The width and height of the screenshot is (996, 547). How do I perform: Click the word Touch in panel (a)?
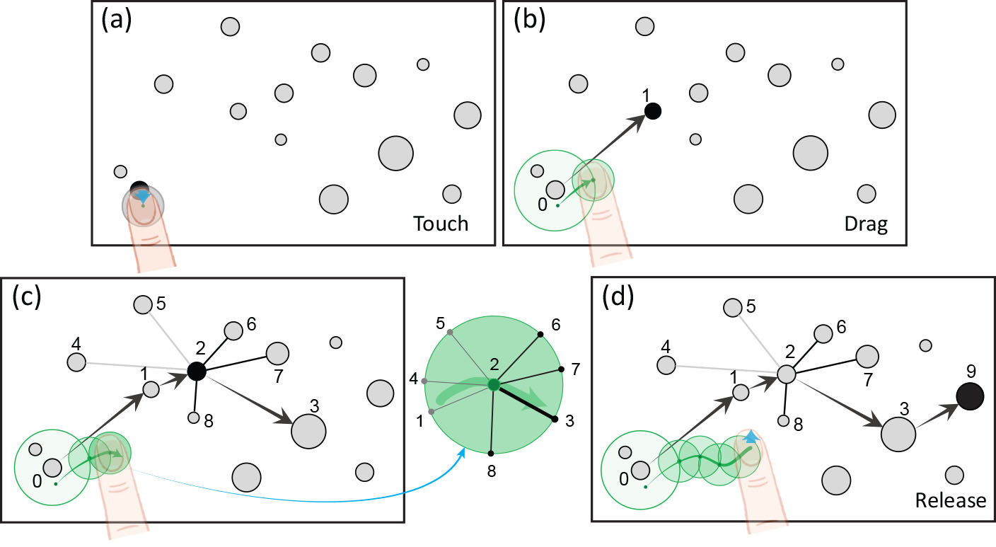[x=441, y=224]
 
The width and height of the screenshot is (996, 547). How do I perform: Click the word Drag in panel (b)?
[x=865, y=224]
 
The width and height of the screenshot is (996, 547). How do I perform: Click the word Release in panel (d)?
[x=950, y=500]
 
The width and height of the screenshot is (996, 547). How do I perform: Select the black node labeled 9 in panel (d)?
[x=970, y=396]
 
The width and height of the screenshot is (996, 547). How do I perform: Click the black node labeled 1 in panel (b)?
[x=653, y=110]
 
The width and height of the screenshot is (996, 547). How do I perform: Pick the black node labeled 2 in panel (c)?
[x=196, y=371]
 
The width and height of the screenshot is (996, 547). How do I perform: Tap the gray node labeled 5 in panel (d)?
[x=733, y=307]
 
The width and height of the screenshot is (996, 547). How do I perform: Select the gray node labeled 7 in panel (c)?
[x=277, y=352]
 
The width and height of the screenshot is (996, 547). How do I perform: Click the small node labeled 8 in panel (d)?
[x=784, y=420]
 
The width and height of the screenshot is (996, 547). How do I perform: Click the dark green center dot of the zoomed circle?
[x=494, y=385]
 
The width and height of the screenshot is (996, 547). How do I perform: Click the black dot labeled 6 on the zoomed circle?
[x=540, y=333]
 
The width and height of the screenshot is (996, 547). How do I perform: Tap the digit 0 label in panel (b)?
[x=543, y=205]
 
